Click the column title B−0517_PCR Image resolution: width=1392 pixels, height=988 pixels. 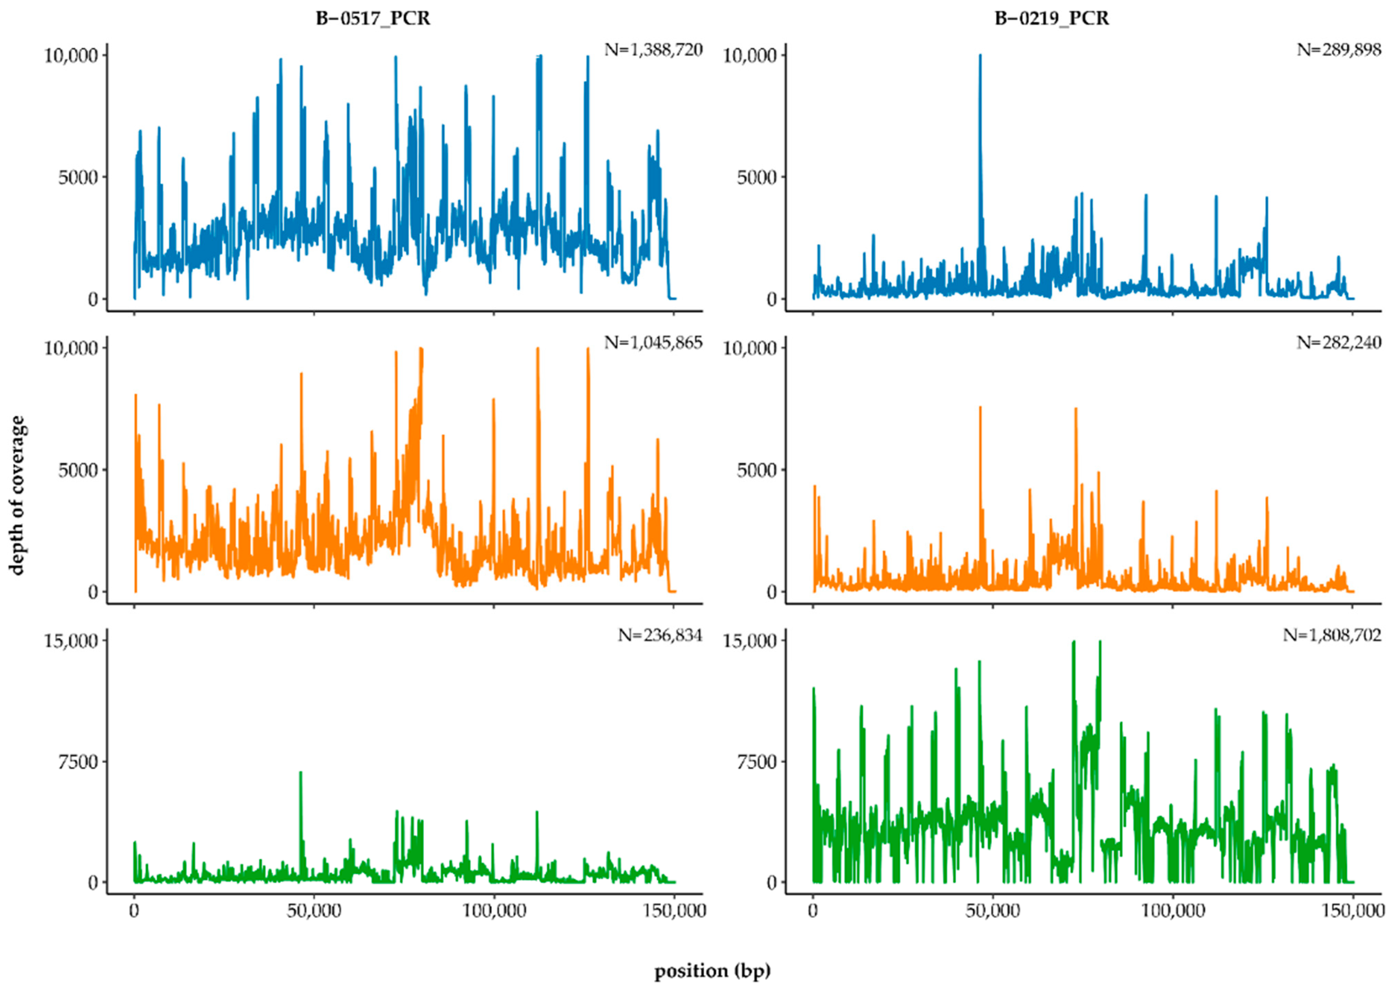point(373,19)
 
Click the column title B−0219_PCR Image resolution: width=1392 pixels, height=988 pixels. point(1051,19)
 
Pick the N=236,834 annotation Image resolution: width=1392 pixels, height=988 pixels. point(660,636)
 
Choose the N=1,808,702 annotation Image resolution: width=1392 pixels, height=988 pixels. point(1332,636)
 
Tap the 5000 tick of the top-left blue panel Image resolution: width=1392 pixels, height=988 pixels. point(78,177)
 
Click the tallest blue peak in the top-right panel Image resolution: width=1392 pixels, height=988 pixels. point(980,56)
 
